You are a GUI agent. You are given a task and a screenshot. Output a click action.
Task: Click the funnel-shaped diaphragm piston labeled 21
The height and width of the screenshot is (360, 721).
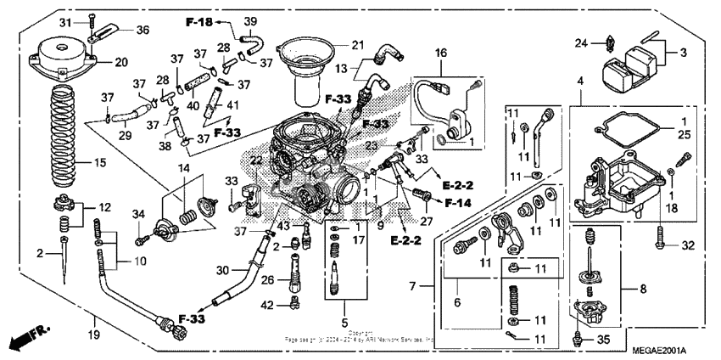click(x=308, y=59)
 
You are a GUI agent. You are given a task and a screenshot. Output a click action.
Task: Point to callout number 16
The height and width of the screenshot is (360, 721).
click(x=440, y=53)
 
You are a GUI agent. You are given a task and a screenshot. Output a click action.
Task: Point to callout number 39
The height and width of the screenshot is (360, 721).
click(x=251, y=20)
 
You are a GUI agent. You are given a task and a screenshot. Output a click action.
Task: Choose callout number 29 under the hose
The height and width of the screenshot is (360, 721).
click(x=125, y=136)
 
